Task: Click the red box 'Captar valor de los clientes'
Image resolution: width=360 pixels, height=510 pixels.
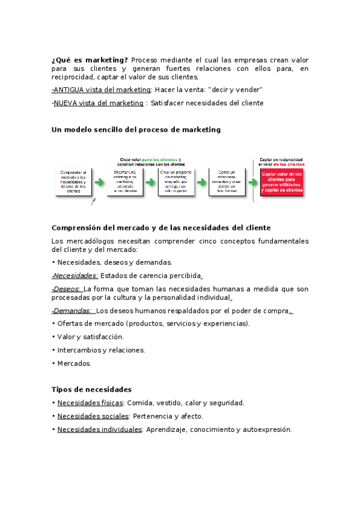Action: [x=282, y=182]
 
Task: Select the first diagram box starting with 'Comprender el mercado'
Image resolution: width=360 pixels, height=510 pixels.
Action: [x=73, y=182]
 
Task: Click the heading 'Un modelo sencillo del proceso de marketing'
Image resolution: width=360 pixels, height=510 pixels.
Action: [x=136, y=129]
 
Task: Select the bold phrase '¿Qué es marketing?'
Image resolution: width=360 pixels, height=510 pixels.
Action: [x=90, y=60]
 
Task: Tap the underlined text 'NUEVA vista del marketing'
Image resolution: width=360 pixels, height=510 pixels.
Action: [x=99, y=103]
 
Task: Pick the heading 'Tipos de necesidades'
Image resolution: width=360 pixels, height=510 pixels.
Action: [x=91, y=389]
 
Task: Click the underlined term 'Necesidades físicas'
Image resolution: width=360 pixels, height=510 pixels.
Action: [x=90, y=403]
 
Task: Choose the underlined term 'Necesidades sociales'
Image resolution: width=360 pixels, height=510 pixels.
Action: [x=93, y=416]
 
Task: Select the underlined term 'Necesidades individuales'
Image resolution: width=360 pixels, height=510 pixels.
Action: [x=100, y=429]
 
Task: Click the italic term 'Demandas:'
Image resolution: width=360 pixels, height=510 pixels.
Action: [x=72, y=311]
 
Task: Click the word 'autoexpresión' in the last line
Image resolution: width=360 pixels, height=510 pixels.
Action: [x=265, y=429]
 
